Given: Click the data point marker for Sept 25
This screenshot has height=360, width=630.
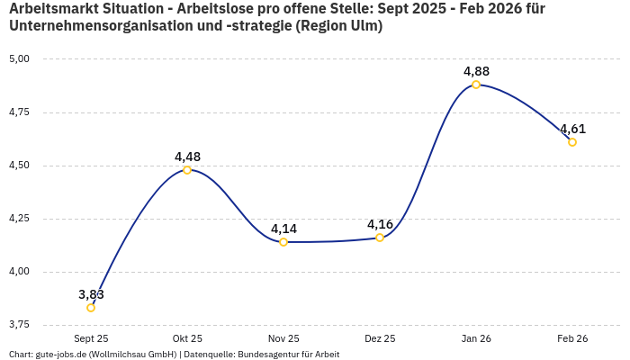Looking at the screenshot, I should click(x=91, y=308).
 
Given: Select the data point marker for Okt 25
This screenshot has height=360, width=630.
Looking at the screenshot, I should click(x=187, y=170).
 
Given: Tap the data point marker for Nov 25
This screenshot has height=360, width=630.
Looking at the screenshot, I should click(x=283, y=242).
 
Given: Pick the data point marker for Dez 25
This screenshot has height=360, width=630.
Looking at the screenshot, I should click(x=380, y=238).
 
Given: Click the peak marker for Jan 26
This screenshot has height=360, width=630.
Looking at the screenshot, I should click(x=476, y=85).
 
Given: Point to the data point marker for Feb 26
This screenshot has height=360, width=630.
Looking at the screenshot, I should click(x=572, y=142).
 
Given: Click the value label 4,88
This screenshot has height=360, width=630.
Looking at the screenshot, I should click(x=476, y=71).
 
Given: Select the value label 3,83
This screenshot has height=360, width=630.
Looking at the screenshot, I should click(x=91, y=294).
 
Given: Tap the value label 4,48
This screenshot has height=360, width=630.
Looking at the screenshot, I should click(x=187, y=157).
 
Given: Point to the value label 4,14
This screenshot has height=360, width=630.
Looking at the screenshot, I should click(x=283, y=229).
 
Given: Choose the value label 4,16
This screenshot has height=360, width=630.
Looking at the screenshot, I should click(x=380, y=224).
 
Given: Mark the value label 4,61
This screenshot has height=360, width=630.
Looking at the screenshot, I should click(x=572, y=129).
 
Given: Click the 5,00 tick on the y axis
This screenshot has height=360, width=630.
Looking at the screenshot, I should click(x=19, y=59).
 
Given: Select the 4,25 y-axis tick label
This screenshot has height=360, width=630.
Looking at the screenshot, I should click(x=19, y=219).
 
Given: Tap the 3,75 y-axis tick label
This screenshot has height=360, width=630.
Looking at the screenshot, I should click(x=19, y=325).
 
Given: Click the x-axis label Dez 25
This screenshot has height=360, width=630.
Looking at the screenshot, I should click(x=380, y=338).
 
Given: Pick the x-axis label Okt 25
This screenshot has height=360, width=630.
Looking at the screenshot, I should click(x=187, y=338).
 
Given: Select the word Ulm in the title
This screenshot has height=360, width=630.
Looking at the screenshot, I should click(x=362, y=26).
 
